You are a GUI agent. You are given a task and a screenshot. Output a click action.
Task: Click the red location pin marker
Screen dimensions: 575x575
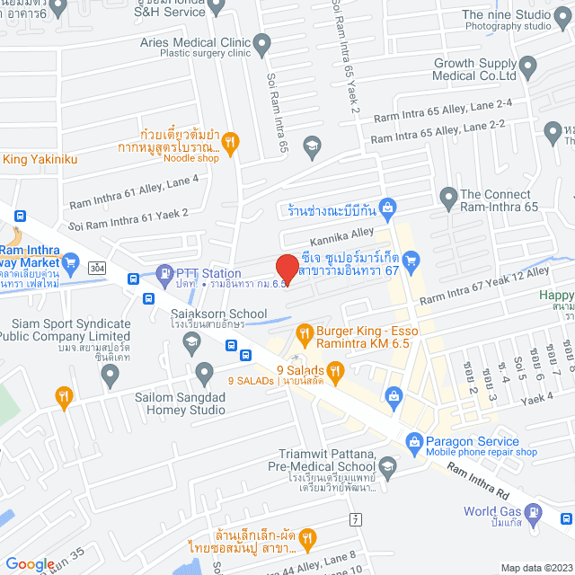pyautogui.click(x=286, y=268)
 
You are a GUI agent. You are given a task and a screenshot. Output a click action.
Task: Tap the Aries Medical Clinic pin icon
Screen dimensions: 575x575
pyautogui.click(x=262, y=42)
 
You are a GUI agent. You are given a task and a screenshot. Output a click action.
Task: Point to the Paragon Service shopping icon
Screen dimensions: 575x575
pyautogui.click(x=413, y=441)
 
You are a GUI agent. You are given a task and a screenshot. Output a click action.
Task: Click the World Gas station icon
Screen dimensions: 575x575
pyautogui.click(x=535, y=512)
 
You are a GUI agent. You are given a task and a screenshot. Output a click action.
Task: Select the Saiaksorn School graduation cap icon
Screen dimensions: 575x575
pyautogui.click(x=190, y=341)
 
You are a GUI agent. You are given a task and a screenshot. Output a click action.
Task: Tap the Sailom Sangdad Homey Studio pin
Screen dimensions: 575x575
pyautogui.click(x=204, y=371)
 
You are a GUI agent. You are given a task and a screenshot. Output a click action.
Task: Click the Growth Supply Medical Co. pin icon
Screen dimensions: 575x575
pyautogui.click(x=528, y=65)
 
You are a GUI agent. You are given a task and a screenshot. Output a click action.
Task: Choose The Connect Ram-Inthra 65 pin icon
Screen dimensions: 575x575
pyautogui.click(x=448, y=196)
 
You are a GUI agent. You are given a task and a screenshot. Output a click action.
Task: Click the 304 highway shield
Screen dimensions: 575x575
pyautogui.click(x=97, y=267)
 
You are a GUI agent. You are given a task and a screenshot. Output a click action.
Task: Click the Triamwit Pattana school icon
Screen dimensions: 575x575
pyautogui.click(x=387, y=465)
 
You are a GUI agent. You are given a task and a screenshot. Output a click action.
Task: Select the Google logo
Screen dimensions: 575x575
pyautogui.click(x=30, y=564)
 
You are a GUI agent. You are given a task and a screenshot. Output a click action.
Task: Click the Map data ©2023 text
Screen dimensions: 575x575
pyautogui.click(x=535, y=568)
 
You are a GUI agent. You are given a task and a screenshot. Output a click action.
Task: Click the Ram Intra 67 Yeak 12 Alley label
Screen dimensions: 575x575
pyautogui.click(x=484, y=285)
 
